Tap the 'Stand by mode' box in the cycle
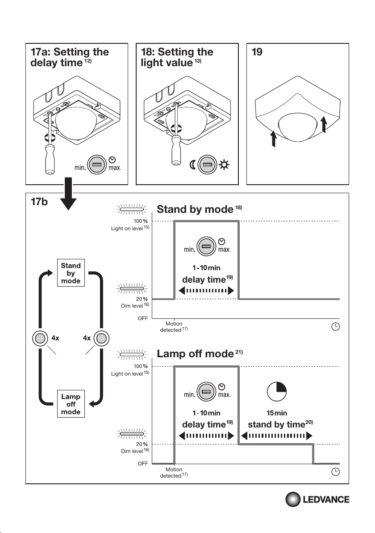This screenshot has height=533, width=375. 71,273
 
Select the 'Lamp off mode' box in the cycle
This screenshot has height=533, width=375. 71,404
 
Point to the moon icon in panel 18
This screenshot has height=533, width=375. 192,165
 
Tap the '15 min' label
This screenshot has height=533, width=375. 276,413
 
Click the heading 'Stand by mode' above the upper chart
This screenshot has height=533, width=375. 195,209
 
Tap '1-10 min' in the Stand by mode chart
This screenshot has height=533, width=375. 207,267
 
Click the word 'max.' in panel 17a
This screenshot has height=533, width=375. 115,169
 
